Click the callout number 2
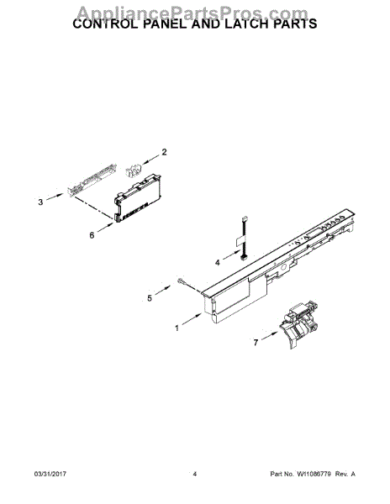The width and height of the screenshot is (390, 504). click(164, 152)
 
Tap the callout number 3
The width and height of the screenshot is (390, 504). click(40, 202)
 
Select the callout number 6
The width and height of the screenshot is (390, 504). click(92, 235)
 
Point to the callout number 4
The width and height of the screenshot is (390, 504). click(218, 263)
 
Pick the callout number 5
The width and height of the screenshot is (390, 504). click(150, 298)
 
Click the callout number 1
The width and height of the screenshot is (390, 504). click(177, 328)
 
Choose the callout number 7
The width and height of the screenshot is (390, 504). click(256, 343)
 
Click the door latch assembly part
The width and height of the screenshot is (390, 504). click(298, 324)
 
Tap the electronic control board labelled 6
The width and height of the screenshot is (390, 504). click(138, 198)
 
